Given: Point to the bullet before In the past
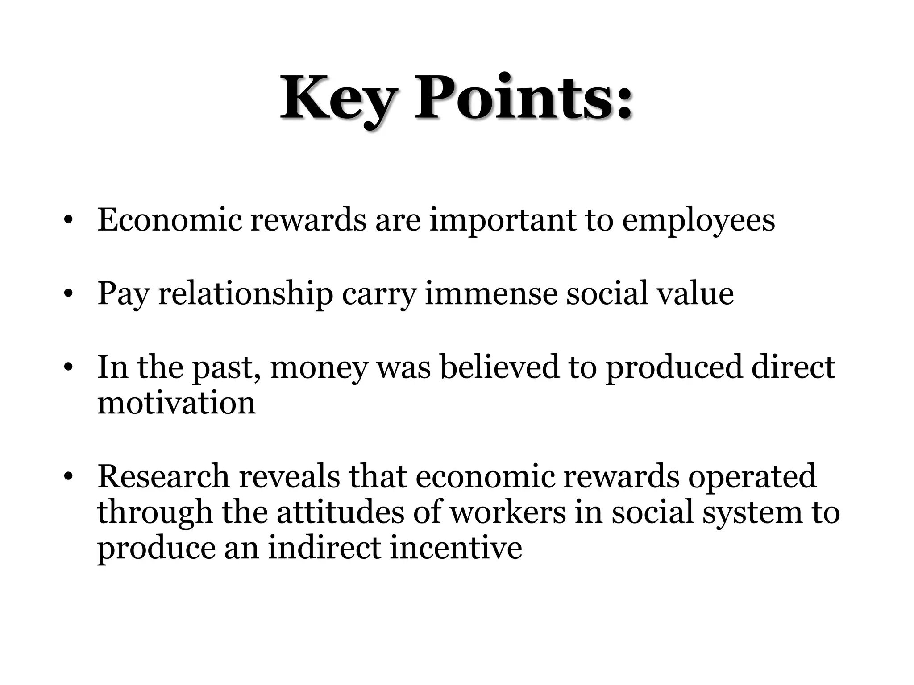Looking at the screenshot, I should [x=68, y=367].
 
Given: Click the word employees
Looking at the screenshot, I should [x=698, y=221].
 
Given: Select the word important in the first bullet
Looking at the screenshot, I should [x=503, y=221].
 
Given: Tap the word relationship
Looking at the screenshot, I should [x=245, y=294].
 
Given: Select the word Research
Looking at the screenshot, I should [x=163, y=476].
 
